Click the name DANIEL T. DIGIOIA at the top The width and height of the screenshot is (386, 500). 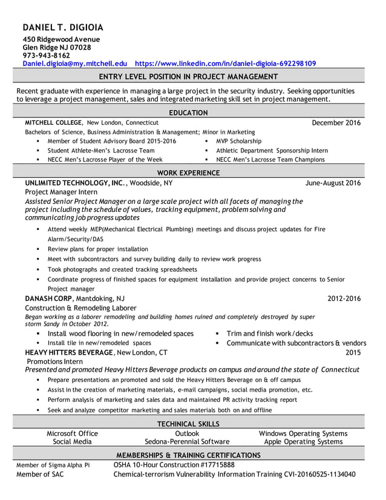pyautogui.click(x=63, y=27)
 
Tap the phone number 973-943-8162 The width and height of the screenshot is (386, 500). pyautogui.click(x=47, y=55)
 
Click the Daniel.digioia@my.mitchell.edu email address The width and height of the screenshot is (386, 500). pyautogui.click(x=75, y=63)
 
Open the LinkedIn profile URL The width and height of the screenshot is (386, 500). pyautogui.click(x=225, y=63)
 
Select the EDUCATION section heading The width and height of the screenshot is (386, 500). pyautogui.click(x=188, y=113)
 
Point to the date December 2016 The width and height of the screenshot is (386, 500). pyautogui.click(x=336, y=122)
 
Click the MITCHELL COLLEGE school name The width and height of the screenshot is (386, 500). pyautogui.click(x=53, y=122)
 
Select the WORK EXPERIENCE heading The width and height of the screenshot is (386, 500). pyautogui.click(x=188, y=173)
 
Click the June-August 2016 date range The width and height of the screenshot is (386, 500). pyautogui.click(x=333, y=182)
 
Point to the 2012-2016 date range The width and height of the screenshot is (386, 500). pyautogui.click(x=344, y=298)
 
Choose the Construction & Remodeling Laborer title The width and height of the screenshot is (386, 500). pyautogui.click(x=80, y=308)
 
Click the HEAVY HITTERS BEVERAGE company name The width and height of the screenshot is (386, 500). pyautogui.click(x=69, y=352)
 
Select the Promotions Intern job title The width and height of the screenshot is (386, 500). pyautogui.click(x=55, y=361)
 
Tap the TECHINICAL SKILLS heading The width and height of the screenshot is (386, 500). pyautogui.click(x=188, y=424)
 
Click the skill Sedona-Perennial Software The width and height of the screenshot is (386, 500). pyautogui.click(x=187, y=442)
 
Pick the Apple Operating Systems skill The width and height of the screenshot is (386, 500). pyautogui.click(x=303, y=442)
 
